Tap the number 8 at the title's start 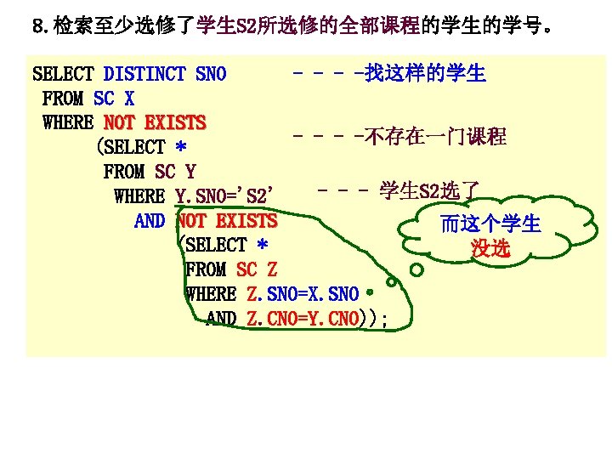click(x=37, y=26)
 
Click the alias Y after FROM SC click(x=190, y=172)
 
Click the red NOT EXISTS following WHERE click(x=154, y=122)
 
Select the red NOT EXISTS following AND click(x=227, y=221)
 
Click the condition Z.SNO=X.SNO click(x=303, y=294)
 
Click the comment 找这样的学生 click(x=425, y=74)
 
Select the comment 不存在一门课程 click(x=434, y=136)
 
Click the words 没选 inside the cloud click(x=490, y=248)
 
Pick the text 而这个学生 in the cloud click(x=490, y=224)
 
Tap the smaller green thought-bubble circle click(x=392, y=282)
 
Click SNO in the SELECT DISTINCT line click(x=211, y=74)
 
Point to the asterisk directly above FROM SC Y click(x=181, y=148)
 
